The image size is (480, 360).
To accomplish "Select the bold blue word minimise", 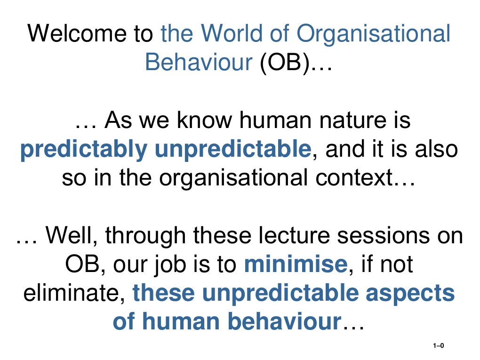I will (x=295, y=264).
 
